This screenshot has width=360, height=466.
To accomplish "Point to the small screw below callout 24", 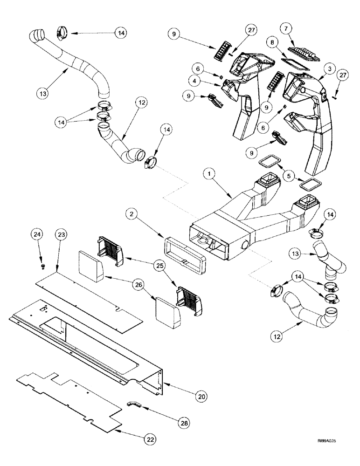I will tap(43, 266).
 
